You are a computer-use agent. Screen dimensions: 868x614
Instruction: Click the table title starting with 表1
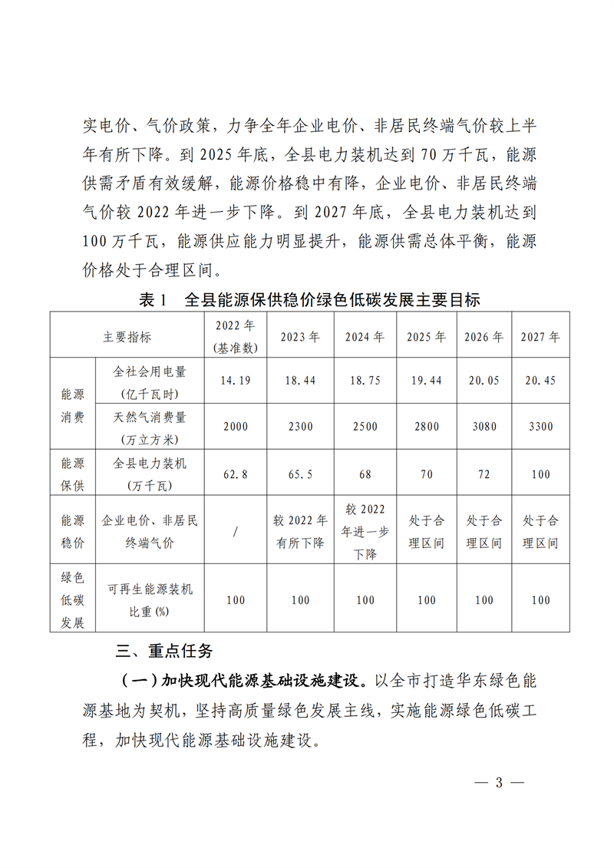pos(310,300)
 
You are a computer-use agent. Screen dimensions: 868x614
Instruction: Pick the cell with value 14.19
pos(236,381)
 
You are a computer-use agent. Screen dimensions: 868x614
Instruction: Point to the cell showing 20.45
pos(540,381)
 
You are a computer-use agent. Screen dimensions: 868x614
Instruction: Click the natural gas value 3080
pos(484,427)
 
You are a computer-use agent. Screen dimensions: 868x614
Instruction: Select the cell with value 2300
pos(300,427)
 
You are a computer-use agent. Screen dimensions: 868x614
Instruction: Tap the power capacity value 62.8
pos(236,474)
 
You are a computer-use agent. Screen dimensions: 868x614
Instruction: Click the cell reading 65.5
pos(300,474)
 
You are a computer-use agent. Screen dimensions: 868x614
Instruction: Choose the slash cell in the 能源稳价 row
pos(236,531)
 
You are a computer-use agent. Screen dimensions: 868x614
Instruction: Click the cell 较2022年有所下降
pos(300,531)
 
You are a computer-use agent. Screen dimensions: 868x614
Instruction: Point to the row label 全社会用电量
pos(150,381)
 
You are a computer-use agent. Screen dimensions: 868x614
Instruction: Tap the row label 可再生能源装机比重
pos(150,599)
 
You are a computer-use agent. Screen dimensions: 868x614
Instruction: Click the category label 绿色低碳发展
pos(72,599)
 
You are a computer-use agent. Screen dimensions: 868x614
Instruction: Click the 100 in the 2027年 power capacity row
pos(540,474)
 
